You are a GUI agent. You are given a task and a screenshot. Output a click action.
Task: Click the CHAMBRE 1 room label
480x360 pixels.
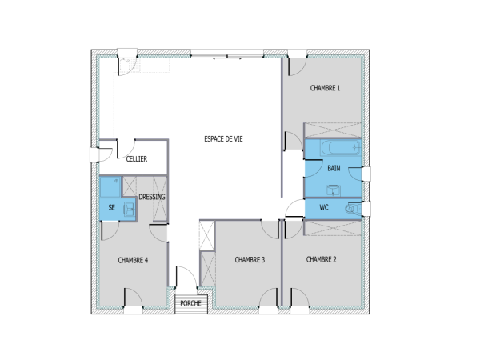point(326,88)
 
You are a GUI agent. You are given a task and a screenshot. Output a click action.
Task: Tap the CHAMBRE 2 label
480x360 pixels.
point(321,259)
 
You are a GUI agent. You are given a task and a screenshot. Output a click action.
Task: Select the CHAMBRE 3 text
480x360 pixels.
point(250,260)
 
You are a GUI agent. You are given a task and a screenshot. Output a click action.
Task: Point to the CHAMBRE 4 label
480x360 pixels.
point(132,260)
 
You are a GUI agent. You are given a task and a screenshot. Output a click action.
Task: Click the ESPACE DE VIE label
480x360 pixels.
point(222,138)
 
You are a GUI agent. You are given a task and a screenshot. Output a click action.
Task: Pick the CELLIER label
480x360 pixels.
point(136,159)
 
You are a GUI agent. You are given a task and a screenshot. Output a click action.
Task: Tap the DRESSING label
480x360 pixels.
point(152,197)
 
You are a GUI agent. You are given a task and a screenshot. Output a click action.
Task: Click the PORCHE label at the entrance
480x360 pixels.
point(190,303)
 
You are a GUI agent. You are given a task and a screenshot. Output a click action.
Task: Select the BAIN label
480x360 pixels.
point(334,168)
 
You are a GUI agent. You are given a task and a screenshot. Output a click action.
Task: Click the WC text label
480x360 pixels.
point(324,207)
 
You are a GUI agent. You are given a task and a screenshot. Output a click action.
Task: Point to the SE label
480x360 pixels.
point(111,207)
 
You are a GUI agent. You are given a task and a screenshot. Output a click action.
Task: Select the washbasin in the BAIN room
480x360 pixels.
point(334,190)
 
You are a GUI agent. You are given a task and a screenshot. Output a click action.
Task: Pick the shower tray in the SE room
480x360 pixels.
point(109,187)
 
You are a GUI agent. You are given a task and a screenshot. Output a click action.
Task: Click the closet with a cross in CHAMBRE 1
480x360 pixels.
point(331,130)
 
